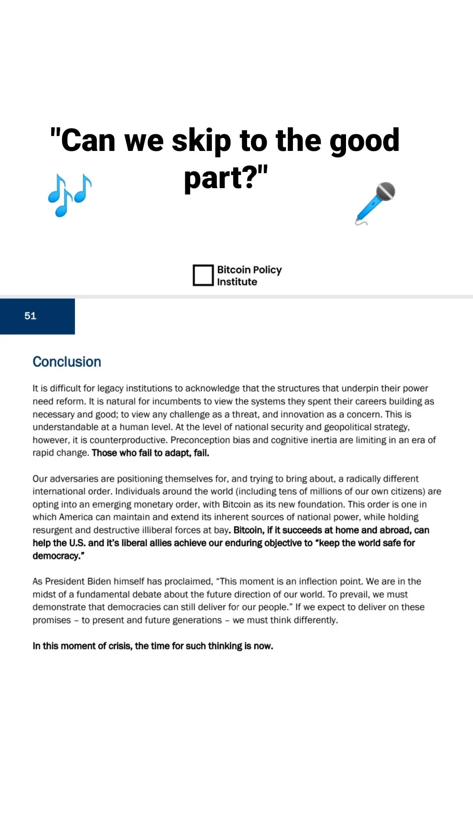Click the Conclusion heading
tap(67, 362)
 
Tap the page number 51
tap(30, 316)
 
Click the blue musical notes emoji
tap(70, 195)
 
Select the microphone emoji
tap(375, 203)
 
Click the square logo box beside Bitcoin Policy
tap(203, 275)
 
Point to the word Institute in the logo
tap(237, 282)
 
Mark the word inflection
tap(319, 581)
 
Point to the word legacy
tap(110, 388)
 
